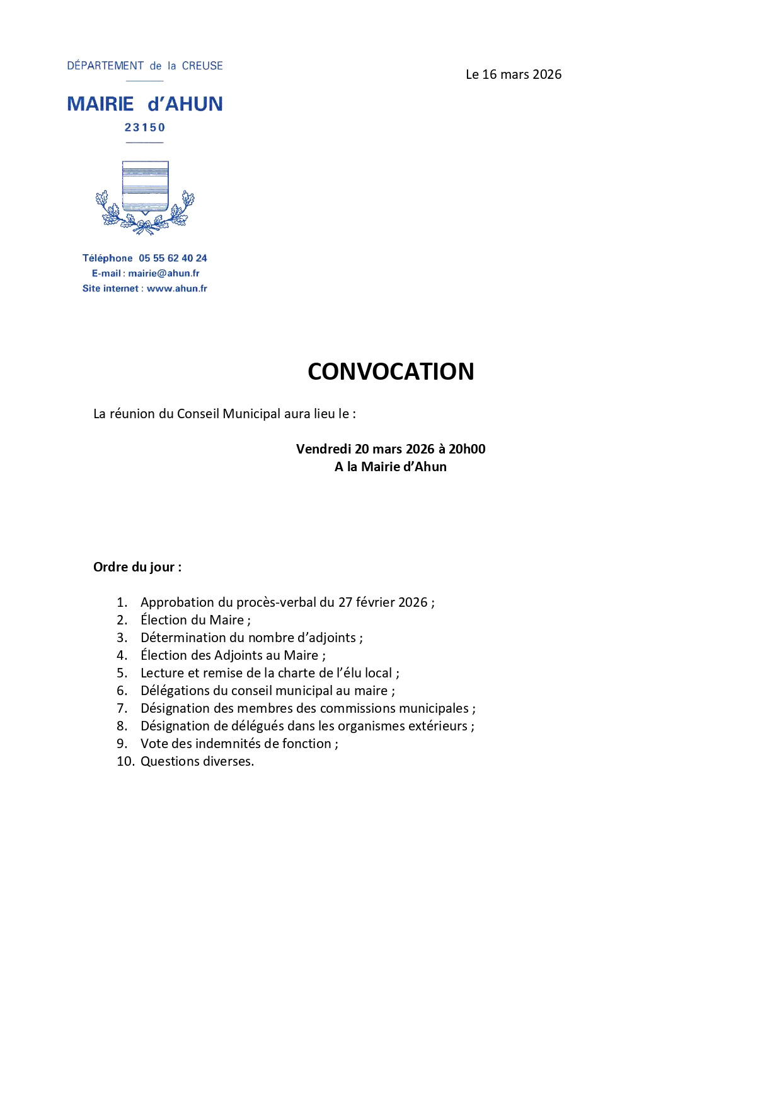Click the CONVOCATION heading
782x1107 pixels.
click(391, 372)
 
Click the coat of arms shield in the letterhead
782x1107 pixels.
click(145, 185)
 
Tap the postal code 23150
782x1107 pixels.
click(145, 127)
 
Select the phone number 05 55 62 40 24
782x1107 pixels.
click(173, 258)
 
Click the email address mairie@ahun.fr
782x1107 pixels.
click(164, 273)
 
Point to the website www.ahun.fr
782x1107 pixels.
click(176, 288)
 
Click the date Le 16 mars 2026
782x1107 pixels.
click(514, 74)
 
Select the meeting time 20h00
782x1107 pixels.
click(467, 449)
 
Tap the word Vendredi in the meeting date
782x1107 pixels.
click(323, 449)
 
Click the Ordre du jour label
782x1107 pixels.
click(137, 567)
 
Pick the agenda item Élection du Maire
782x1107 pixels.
click(195, 620)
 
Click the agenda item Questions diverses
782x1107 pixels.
click(197, 761)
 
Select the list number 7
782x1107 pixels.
click(122, 708)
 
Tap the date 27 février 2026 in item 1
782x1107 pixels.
click(382, 602)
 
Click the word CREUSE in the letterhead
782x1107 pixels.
click(202, 66)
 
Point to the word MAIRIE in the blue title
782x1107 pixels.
click(101, 104)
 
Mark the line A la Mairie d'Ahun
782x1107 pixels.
click(391, 467)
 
